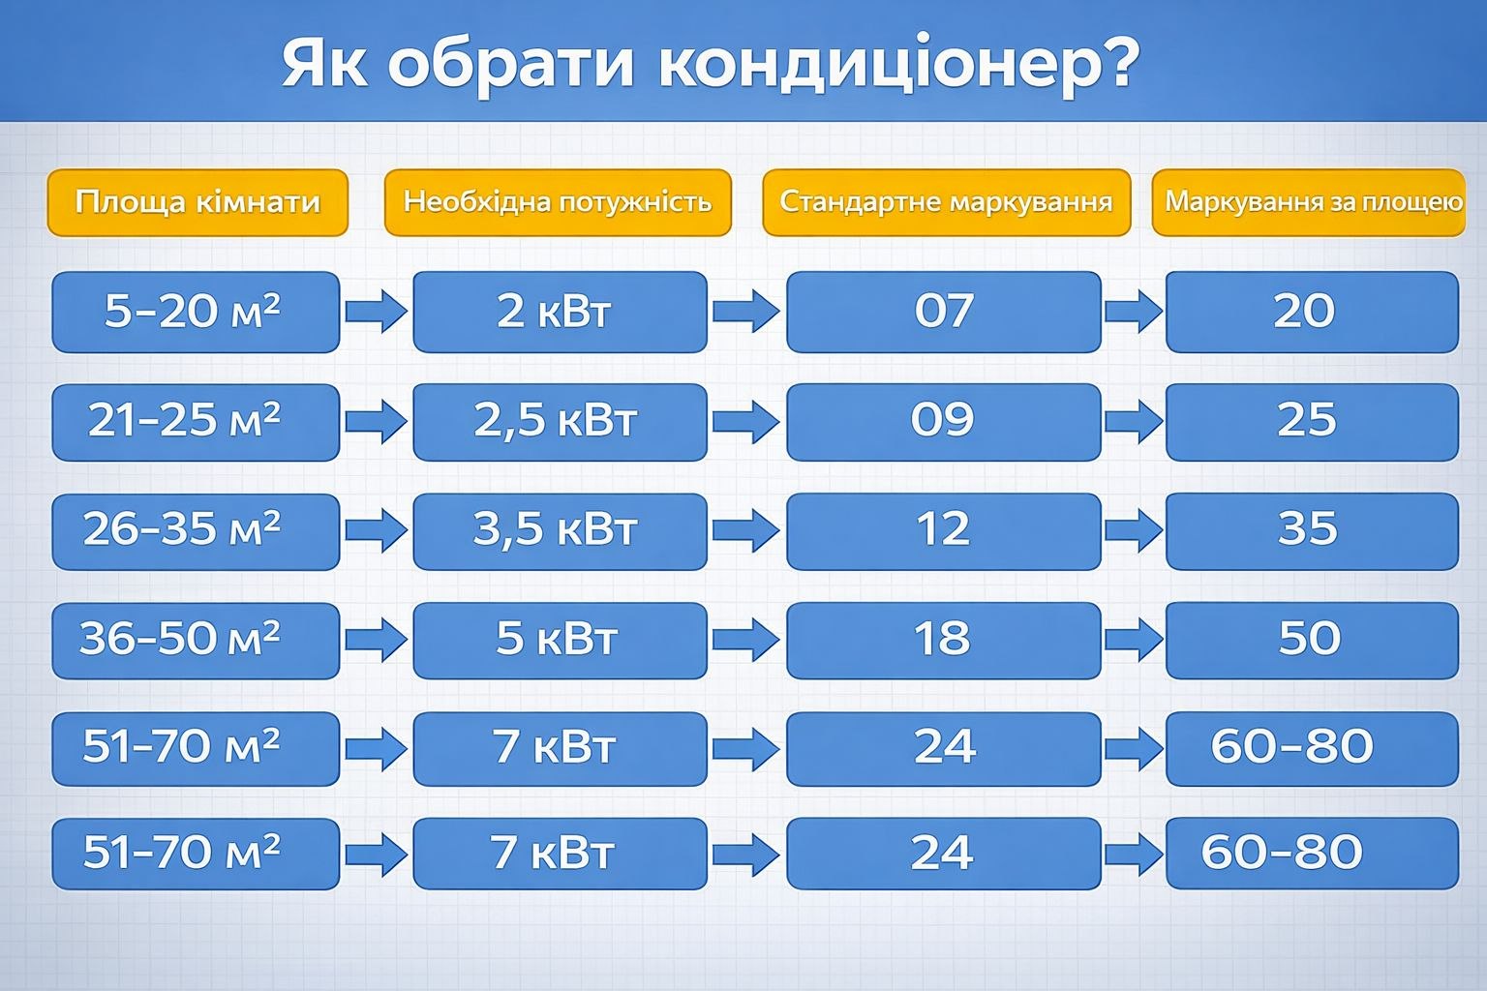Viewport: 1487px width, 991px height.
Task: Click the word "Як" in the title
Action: click(x=324, y=64)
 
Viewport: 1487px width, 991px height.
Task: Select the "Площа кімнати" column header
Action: click(x=197, y=202)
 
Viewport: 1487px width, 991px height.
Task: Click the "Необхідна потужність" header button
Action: click(x=558, y=202)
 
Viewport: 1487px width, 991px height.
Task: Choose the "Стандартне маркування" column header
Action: click(x=947, y=202)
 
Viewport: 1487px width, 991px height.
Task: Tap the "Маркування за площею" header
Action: click(x=1309, y=202)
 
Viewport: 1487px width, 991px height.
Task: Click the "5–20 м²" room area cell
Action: click(x=196, y=312)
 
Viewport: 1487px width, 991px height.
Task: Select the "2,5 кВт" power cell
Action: click(x=560, y=422)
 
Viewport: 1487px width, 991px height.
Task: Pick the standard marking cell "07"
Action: click(x=944, y=312)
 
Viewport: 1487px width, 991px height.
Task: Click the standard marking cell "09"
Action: click(x=944, y=422)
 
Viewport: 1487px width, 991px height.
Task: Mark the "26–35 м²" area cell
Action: click(x=196, y=531)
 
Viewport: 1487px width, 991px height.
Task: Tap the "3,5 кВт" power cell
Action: click(x=560, y=531)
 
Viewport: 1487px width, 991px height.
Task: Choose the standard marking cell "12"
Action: click(x=944, y=531)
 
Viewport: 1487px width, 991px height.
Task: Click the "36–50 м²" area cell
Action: click(x=196, y=641)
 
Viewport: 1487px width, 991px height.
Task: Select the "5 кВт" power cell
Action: click(x=560, y=641)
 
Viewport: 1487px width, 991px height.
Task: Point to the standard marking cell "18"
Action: click(x=944, y=641)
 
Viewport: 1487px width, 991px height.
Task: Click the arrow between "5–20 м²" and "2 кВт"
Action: click(x=377, y=311)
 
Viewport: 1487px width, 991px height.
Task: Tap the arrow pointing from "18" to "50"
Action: click(x=1134, y=639)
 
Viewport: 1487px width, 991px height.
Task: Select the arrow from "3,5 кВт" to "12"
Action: click(x=746, y=530)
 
